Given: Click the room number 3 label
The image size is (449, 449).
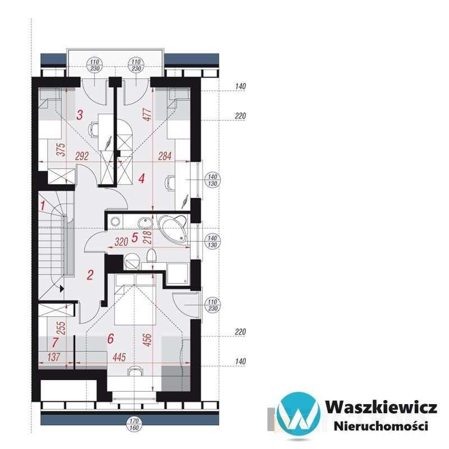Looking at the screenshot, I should [80, 115].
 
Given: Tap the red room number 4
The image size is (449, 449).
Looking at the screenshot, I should [141, 178].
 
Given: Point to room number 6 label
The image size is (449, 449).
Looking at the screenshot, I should [110, 338].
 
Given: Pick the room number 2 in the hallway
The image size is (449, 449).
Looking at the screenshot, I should [89, 275].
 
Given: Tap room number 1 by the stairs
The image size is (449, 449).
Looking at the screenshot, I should [42, 205].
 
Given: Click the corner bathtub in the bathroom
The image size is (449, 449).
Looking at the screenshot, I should [175, 227].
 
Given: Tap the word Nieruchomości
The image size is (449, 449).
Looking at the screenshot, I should [380, 426].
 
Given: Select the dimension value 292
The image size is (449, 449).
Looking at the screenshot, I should [83, 157].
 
